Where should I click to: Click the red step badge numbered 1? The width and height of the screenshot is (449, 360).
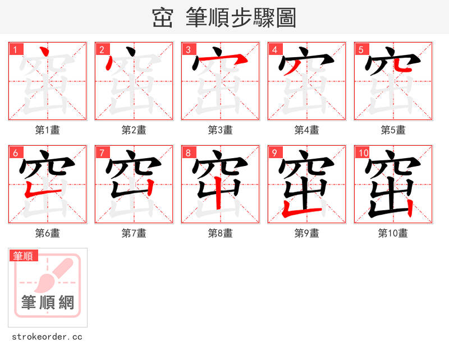click(x=15, y=49)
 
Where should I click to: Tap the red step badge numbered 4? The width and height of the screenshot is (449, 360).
click(x=274, y=49)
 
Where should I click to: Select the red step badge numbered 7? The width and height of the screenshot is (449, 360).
click(x=102, y=153)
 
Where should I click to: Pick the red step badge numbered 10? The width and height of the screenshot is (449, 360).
click(x=363, y=153)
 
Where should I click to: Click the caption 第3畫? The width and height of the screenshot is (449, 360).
click(x=220, y=130)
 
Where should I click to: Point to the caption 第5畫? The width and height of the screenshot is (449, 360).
click(x=393, y=130)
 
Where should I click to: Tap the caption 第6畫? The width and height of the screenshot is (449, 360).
click(x=47, y=233)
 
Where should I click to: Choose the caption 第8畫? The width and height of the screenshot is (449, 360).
click(x=220, y=233)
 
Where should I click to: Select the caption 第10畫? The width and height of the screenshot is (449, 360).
click(x=393, y=233)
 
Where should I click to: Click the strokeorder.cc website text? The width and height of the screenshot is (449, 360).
click(x=47, y=337)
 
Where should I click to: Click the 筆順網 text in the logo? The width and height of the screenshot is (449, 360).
click(x=48, y=303)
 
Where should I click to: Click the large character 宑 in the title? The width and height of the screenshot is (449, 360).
click(x=162, y=19)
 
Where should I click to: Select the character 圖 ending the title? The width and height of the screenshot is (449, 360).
click(x=285, y=19)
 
